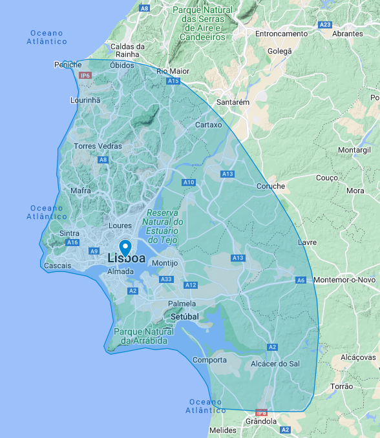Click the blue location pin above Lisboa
point(125,247)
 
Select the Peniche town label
point(67,65)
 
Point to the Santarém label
point(233,102)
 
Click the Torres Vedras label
point(98,146)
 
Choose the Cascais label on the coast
point(58,266)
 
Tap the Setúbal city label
point(185,317)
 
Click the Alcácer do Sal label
point(275,364)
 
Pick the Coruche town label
point(271,186)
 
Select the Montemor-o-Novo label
point(344,280)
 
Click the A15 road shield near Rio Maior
point(173,81)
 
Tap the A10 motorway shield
point(189,183)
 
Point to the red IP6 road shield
point(85,76)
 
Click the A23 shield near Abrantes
point(325,25)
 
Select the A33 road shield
point(166,279)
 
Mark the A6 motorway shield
point(301,280)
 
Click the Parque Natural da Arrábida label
point(140,336)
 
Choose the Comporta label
point(209,360)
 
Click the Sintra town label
point(69,233)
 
